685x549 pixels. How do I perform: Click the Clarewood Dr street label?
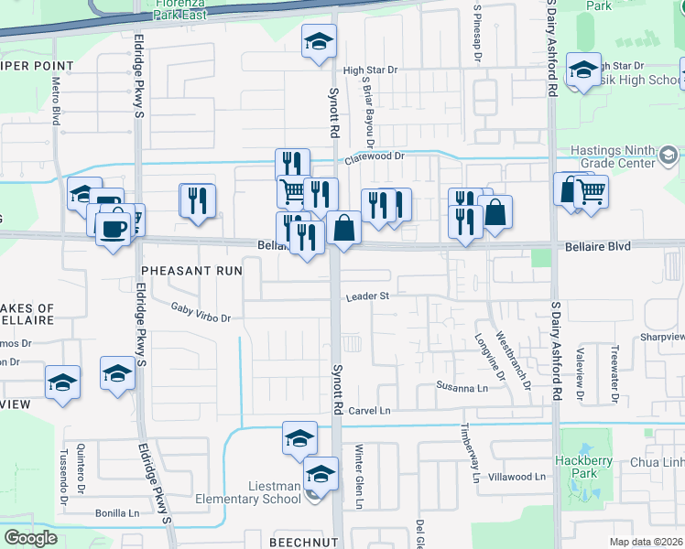click(x=374, y=157)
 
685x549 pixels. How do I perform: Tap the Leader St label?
click(x=367, y=296)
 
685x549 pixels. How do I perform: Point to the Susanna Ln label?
click(x=458, y=388)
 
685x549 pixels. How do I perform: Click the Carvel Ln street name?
click(x=369, y=412)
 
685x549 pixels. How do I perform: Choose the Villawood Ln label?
click(x=516, y=477)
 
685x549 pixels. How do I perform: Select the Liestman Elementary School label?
click(x=249, y=492)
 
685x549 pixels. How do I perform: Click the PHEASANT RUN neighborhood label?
click(x=191, y=271)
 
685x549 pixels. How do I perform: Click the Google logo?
click(x=30, y=537)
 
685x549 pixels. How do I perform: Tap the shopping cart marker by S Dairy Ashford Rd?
click(x=593, y=192)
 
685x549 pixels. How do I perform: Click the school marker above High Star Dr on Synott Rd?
click(x=319, y=41)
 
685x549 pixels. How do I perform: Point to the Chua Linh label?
click(x=656, y=462)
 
